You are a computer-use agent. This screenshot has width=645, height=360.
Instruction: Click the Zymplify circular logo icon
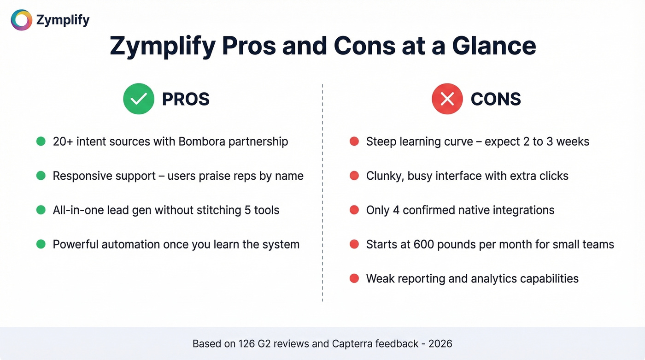(21, 20)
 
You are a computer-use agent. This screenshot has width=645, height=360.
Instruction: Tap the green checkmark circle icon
(139, 99)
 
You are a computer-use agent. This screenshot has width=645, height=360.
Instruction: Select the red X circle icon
(447, 99)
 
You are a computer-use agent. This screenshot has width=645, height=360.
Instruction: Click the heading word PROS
(186, 99)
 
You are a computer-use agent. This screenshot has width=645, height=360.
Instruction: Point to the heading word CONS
(496, 99)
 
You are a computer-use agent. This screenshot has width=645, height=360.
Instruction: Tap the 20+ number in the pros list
(63, 142)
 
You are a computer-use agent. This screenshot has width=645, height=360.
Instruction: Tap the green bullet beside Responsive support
(41, 176)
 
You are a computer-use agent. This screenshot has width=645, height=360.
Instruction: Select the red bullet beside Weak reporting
(354, 278)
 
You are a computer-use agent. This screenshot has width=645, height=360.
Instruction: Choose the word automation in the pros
(131, 244)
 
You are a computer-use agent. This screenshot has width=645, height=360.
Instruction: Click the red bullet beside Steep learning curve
(354, 142)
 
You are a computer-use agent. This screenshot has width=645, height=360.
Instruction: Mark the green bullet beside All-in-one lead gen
(41, 210)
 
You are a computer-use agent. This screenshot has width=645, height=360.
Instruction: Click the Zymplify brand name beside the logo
(63, 20)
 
